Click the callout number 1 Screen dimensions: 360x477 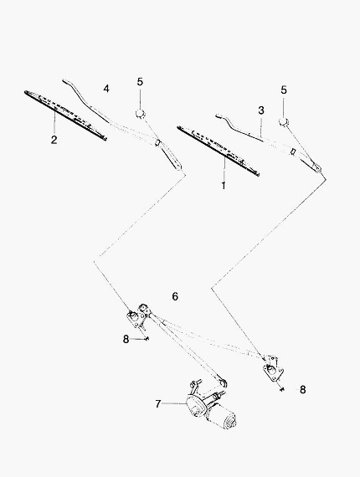pos(224,185)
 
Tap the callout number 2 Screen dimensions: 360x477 pos(54,140)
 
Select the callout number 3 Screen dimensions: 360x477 pos(261,110)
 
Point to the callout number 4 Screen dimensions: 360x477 pos(106,89)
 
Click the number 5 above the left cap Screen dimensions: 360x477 pos(140,82)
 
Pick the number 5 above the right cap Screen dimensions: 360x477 pos(284,90)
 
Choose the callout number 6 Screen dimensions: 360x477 pos(175,296)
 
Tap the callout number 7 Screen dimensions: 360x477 pos(158,404)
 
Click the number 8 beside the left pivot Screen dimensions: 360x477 pos(126,339)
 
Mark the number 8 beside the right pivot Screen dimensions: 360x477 pos(302,390)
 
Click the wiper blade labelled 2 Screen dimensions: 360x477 pos(66,115)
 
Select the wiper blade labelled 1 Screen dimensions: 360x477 pos(219,151)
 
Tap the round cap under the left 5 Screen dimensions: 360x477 pos(140,113)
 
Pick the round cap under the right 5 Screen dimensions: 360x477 pos(284,121)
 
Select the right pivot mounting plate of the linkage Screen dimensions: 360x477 pos(273,369)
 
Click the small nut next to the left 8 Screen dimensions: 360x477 pos(147,339)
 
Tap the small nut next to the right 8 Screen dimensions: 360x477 pos(283,389)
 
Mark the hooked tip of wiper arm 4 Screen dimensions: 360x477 pos(64,80)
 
